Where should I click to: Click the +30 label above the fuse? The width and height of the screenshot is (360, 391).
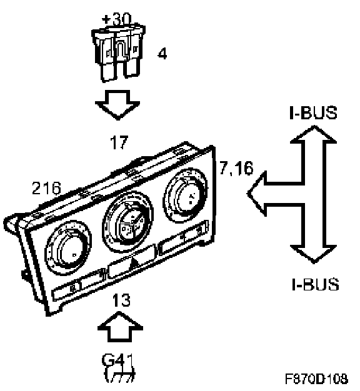(x=116, y=19)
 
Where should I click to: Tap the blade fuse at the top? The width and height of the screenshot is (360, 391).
(x=119, y=53)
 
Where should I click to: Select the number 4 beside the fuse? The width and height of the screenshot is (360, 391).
(x=162, y=54)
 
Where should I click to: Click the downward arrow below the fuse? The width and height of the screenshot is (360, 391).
(x=117, y=105)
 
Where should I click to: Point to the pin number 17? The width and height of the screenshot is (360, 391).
(x=119, y=142)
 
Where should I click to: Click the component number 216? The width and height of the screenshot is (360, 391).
(x=46, y=188)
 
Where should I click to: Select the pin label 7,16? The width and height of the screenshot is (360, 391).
(x=236, y=167)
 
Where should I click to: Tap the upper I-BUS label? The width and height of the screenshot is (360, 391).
(x=313, y=112)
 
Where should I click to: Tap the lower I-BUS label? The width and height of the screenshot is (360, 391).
(x=316, y=284)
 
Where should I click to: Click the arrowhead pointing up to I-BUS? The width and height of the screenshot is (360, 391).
(x=314, y=134)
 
